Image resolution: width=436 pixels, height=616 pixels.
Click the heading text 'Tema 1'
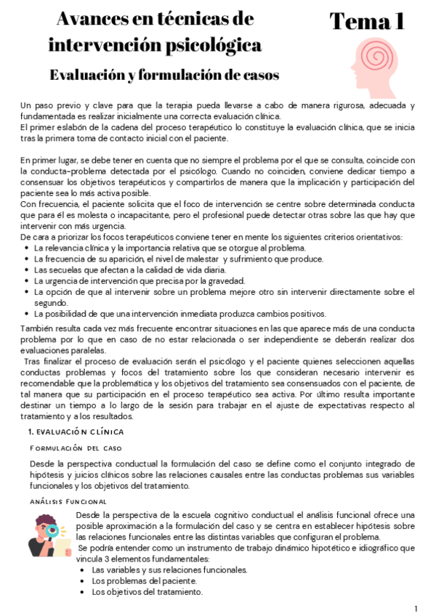pos(367,22)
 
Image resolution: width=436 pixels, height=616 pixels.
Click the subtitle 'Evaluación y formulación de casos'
pos(164,75)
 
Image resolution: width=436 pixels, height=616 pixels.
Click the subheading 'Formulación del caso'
pos(76,448)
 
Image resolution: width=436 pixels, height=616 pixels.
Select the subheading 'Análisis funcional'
pos(68,501)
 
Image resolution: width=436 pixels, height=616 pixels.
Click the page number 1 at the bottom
pos(416,608)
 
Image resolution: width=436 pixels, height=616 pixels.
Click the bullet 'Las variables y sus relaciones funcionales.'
pos(169,570)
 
